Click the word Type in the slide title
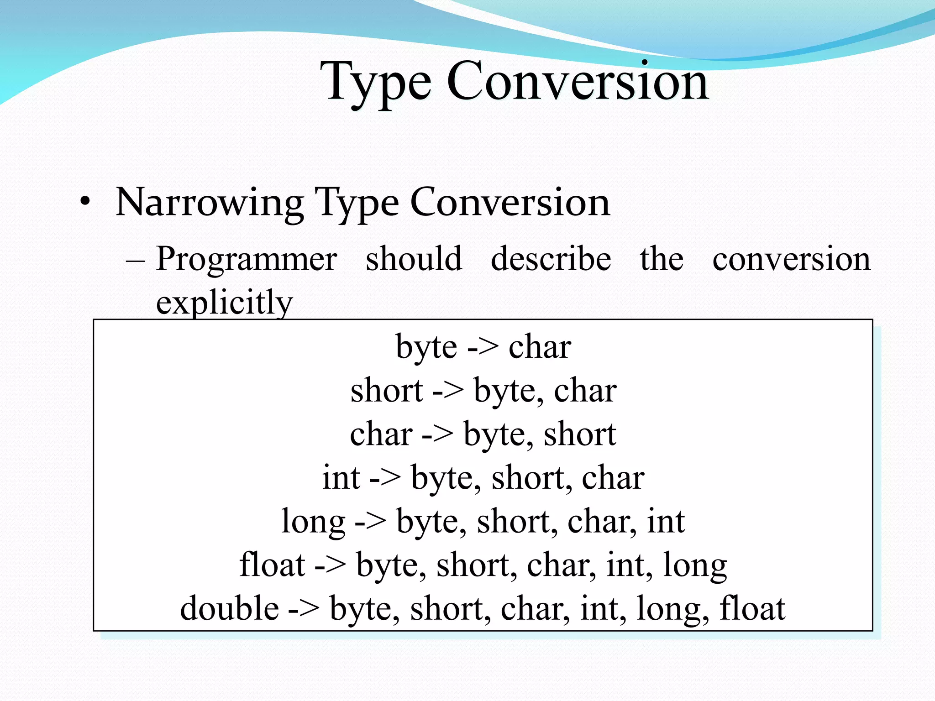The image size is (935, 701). (375, 82)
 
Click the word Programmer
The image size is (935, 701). (247, 259)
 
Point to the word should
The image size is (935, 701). (414, 258)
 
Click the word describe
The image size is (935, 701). (551, 258)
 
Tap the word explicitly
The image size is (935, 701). (224, 302)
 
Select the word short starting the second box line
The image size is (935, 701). (386, 391)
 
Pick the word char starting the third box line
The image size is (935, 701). (381, 434)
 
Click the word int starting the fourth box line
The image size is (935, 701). (341, 478)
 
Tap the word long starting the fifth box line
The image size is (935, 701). (313, 522)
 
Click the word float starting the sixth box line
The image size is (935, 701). (272, 565)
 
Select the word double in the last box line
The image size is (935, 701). (229, 608)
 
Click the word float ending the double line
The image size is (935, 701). (752, 608)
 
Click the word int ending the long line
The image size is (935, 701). (666, 521)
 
